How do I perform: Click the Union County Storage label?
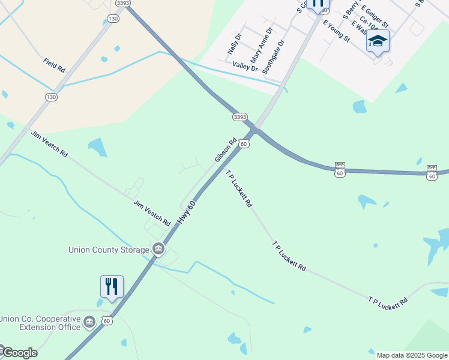click(x=109, y=250)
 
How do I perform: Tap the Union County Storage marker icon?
click(x=158, y=248)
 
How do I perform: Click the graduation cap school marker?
click(x=378, y=41)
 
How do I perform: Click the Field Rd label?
click(x=54, y=65)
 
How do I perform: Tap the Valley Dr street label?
click(x=245, y=67)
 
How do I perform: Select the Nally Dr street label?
click(x=234, y=44)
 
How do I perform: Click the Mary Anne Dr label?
click(x=262, y=45)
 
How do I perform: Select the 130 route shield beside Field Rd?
click(x=51, y=97)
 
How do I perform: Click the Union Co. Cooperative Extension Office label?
click(x=41, y=323)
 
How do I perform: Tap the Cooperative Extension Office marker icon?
click(x=90, y=322)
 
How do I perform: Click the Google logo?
click(x=19, y=353)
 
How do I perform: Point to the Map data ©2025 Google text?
click(x=412, y=355)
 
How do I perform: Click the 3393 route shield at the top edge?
click(x=123, y=3)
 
